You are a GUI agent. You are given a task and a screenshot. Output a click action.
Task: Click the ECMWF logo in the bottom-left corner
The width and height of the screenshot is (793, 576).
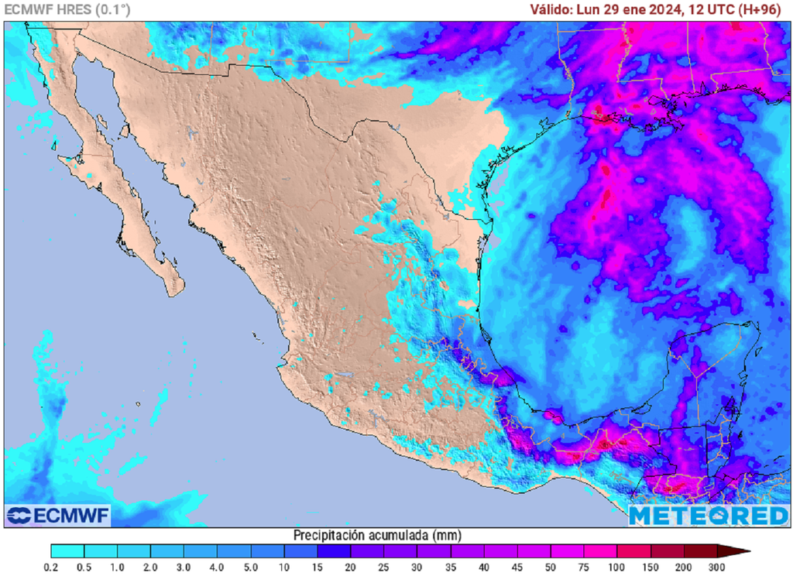(x=58, y=516)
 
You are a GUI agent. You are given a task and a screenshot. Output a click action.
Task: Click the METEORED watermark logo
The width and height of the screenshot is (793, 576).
(x=708, y=516)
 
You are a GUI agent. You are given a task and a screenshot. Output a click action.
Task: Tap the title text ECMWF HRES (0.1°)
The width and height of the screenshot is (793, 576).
(x=67, y=10)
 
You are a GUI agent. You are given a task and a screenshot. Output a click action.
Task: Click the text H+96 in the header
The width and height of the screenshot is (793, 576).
(x=762, y=10)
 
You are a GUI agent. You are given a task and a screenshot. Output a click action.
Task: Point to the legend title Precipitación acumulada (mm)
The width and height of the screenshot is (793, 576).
(x=376, y=535)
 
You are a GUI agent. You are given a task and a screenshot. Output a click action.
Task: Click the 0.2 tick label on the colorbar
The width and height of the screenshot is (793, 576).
(x=51, y=567)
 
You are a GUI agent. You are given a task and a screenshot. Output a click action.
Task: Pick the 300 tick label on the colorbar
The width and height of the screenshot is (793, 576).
(x=717, y=567)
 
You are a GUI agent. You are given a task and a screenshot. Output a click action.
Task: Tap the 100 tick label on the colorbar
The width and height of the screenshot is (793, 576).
(x=617, y=567)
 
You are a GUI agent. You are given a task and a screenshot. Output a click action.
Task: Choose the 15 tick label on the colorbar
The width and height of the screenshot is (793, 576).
(x=318, y=567)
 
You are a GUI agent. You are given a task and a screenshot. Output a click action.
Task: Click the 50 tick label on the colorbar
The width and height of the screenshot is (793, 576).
(x=551, y=567)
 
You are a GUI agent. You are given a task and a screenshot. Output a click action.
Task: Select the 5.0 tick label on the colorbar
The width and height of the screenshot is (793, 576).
(x=251, y=567)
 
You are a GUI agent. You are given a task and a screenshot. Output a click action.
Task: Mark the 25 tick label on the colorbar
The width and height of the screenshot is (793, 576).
(x=384, y=567)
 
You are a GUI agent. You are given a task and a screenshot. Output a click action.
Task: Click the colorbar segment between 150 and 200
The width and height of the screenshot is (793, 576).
(x=667, y=551)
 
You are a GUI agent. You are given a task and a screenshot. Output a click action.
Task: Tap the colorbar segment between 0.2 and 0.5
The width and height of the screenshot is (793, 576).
(x=67, y=551)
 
